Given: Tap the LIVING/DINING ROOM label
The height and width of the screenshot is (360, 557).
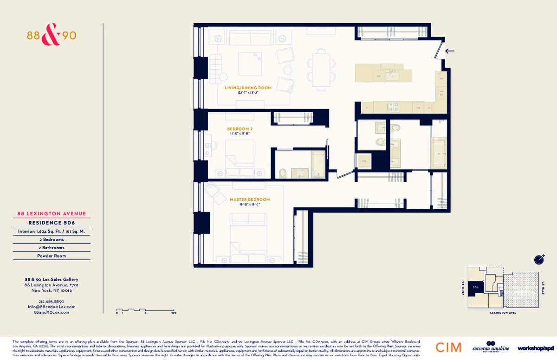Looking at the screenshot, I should coord(248,88).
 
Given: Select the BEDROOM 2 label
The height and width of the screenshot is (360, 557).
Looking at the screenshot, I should coord(240,129).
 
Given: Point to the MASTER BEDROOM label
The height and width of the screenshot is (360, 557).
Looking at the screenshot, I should coord(249,199).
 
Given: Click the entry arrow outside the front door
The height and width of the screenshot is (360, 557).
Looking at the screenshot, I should coord(450,51).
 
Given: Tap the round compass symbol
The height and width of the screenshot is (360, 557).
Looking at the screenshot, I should coord(538,259).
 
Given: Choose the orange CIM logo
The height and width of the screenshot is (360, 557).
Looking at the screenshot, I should coord(448,347).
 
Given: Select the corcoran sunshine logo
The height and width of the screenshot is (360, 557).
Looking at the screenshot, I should coord(491,347).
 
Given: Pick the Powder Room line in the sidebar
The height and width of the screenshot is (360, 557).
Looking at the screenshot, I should coord(52,256).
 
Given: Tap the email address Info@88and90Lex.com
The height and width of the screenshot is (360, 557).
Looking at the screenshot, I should coord(52,307).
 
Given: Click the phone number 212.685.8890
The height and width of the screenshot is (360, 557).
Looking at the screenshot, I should coord(52,301).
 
